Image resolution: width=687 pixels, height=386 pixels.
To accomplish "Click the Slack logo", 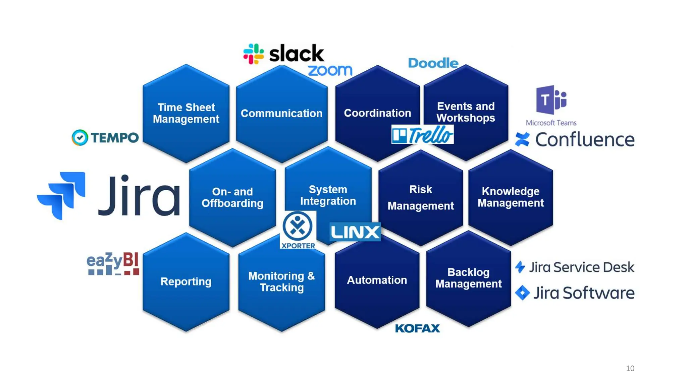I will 283,54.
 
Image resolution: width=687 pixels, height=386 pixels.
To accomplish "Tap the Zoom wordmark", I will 330,70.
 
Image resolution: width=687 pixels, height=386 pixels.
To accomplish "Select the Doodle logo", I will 433,63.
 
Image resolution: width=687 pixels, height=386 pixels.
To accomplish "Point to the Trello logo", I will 422,135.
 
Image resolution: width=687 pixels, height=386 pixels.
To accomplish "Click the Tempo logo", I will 105,137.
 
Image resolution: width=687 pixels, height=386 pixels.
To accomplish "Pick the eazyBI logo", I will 113,264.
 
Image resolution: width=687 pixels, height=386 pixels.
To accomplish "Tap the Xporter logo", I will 298,230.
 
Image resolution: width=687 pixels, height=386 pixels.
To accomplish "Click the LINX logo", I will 355,232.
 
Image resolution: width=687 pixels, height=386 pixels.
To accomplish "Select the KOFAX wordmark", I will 417,328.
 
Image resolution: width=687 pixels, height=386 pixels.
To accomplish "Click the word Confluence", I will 585,139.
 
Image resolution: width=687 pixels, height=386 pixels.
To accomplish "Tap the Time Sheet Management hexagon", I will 186,113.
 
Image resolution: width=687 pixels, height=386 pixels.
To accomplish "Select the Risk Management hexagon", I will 421,198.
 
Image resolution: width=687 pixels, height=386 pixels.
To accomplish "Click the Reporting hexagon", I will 186,282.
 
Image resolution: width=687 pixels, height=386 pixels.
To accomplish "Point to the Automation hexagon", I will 377,280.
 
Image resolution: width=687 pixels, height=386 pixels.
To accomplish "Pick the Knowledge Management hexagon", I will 511,197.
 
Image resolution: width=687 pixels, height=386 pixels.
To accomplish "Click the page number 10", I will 630,368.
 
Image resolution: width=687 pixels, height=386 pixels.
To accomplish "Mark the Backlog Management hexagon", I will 468,278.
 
